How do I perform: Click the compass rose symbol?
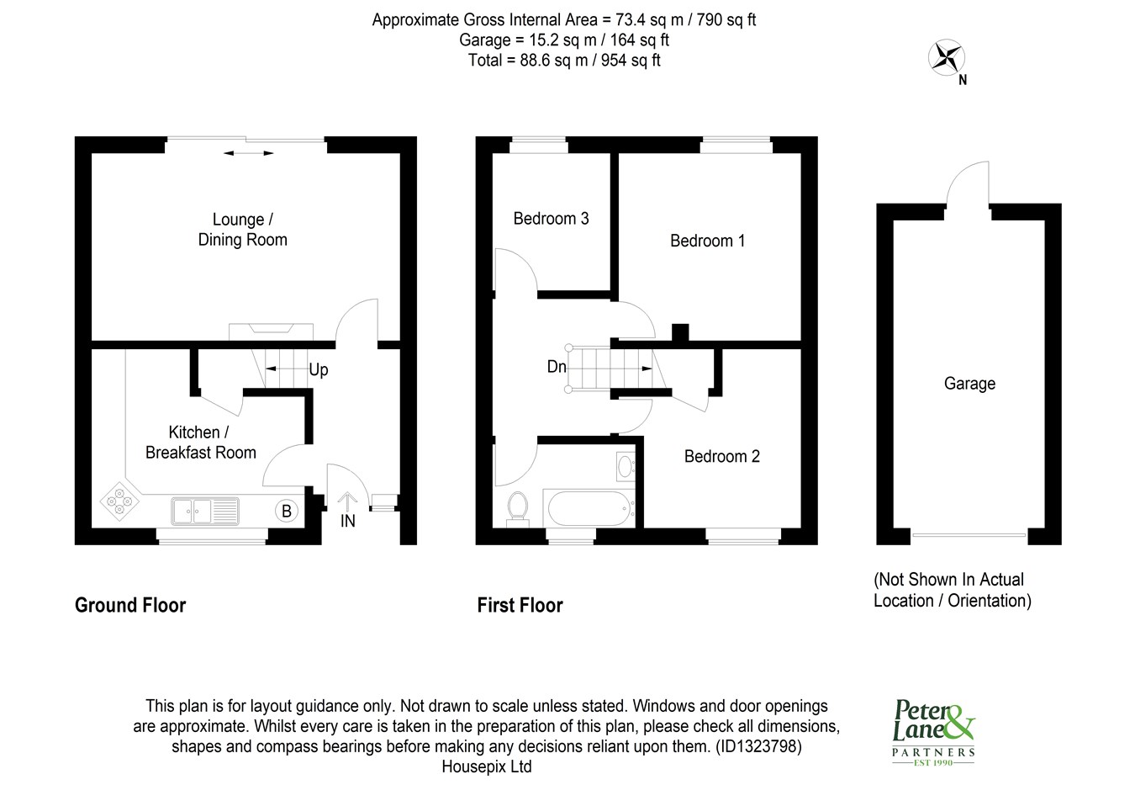[946, 57]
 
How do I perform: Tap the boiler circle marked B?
[287, 511]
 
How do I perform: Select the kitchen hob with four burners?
[119, 501]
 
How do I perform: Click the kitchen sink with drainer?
[204, 511]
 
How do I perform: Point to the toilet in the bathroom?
[517, 507]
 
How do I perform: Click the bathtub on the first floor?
[589, 508]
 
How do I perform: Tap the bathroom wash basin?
[626, 466]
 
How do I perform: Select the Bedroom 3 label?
[551, 219]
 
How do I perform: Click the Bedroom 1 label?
[707, 241]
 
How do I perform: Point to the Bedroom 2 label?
[722, 456]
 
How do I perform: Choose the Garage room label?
[969, 384]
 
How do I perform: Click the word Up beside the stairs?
[319, 369]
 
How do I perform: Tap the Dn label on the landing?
[557, 366]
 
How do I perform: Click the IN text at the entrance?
[347, 521]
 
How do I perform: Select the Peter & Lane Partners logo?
[933, 732]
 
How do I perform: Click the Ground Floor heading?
[130, 605]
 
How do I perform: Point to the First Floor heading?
[520, 605]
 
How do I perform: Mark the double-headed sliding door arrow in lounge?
[248, 153]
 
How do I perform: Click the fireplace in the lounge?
[271, 332]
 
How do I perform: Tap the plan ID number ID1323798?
[758, 746]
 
